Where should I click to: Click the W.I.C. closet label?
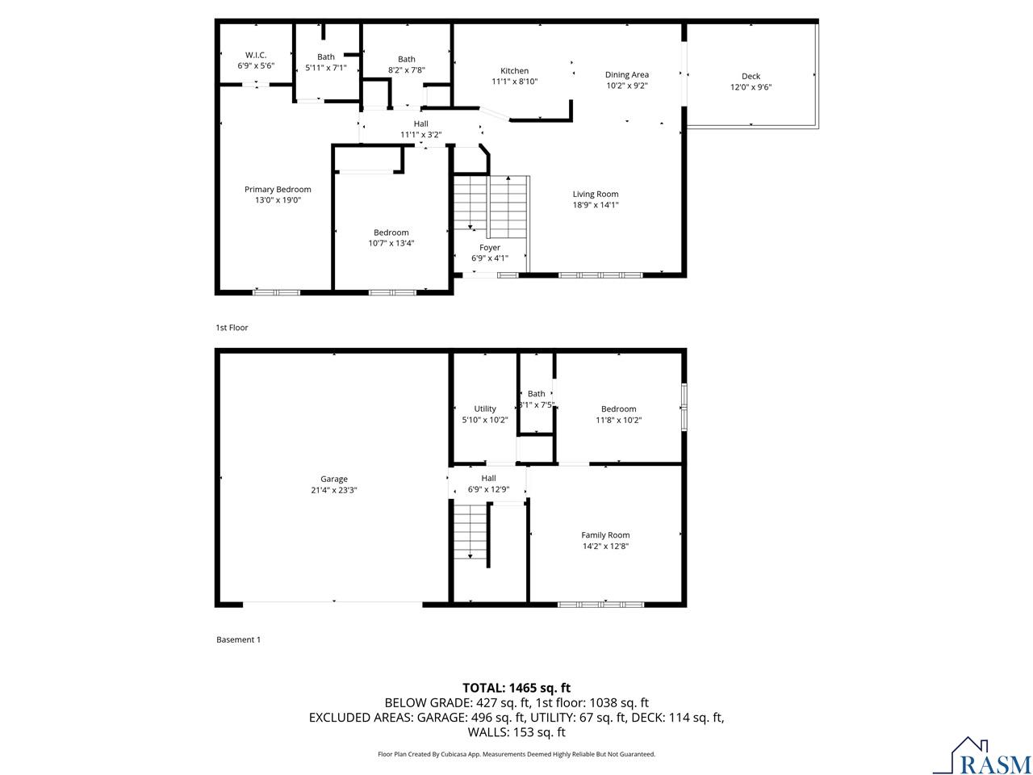click(256, 54)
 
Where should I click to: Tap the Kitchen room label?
click(514, 71)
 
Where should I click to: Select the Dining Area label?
click(627, 74)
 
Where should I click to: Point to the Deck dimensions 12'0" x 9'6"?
click(751, 87)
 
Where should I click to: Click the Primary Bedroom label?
click(278, 189)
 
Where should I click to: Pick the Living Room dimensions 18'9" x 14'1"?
click(596, 205)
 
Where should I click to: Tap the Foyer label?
click(490, 247)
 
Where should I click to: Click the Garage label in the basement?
click(333, 479)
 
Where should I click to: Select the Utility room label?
click(485, 408)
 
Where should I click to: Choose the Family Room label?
click(605, 534)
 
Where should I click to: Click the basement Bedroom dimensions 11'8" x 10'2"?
click(618, 420)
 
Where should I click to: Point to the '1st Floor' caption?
click(232, 328)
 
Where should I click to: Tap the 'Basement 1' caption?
click(238, 639)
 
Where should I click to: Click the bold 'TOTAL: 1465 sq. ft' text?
click(516, 688)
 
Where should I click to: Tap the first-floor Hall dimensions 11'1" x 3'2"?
click(420, 135)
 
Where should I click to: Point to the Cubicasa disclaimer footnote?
click(516, 754)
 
